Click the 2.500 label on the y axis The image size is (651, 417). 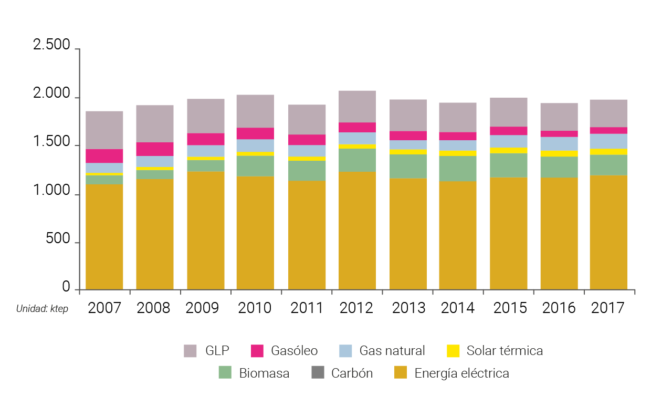pyautogui.click(x=51, y=45)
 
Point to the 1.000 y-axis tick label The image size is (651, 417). pyautogui.click(x=51, y=191)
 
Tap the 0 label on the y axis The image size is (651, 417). pyautogui.click(x=66, y=287)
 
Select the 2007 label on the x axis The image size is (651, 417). pyautogui.click(x=104, y=308)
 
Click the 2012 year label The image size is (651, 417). pyautogui.click(x=356, y=308)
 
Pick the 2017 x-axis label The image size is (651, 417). pyautogui.click(x=608, y=308)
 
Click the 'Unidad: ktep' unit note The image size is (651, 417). pyautogui.click(x=42, y=308)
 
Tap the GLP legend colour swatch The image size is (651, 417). pyautogui.click(x=190, y=351)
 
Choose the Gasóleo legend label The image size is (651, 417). pyautogui.click(x=295, y=351)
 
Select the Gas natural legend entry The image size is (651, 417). pyautogui.click(x=392, y=351)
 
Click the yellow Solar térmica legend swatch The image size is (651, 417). pyautogui.click(x=453, y=351)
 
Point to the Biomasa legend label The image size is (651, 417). pyautogui.click(x=264, y=373)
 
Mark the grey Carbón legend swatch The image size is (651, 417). pyautogui.click(x=318, y=373)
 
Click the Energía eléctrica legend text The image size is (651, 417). pyautogui.click(x=461, y=373)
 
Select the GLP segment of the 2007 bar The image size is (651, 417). pyautogui.click(x=104, y=130)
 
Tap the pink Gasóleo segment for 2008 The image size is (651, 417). pyautogui.click(x=154, y=149)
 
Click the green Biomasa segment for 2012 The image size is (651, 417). pyautogui.click(x=356, y=160)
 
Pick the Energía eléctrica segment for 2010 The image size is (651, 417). pyautogui.click(x=255, y=233)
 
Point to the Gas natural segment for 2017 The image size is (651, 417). pyautogui.click(x=608, y=141)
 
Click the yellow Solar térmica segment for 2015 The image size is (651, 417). pyautogui.click(x=508, y=150)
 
